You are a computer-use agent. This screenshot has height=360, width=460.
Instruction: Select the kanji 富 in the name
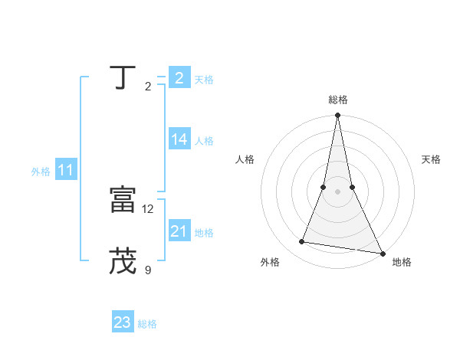coord(122,200)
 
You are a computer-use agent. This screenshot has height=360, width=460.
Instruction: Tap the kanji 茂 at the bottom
coord(122,261)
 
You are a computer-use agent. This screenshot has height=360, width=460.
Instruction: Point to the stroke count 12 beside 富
coord(148,208)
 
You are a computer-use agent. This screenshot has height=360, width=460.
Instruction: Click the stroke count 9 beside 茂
coord(148,270)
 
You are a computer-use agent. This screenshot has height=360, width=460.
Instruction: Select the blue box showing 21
coord(179,231)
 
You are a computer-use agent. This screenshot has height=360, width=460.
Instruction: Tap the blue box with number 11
coord(65,170)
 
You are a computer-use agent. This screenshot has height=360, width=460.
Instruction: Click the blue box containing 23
coord(123,322)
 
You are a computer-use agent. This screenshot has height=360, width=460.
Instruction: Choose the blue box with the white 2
coord(179,77)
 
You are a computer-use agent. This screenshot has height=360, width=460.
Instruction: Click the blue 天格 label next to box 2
coord(204,79)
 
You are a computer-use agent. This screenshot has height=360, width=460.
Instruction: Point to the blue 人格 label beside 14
coord(204,140)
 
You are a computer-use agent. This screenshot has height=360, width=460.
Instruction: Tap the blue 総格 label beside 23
coord(147,324)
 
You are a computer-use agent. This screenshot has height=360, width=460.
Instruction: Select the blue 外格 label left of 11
coord(41,172)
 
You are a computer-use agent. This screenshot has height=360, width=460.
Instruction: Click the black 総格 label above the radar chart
coord(337,100)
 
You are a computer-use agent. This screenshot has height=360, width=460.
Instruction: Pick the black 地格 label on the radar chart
coord(402,262)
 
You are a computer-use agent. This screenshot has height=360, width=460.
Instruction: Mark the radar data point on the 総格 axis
coord(337,116)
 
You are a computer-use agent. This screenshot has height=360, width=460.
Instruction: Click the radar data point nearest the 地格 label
coord(381,254)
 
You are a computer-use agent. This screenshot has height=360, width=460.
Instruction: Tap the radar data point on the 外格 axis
coord(302,242)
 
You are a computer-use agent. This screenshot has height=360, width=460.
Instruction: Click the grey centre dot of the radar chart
coord(337,191)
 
